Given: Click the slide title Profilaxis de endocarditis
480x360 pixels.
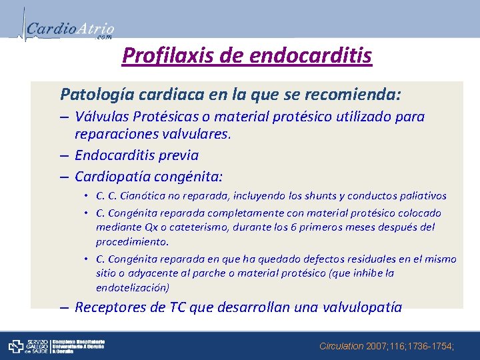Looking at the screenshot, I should coord(247,55).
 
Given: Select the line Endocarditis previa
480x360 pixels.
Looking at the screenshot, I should coord(137,155).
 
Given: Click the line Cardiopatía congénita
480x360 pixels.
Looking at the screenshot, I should coord(148,177).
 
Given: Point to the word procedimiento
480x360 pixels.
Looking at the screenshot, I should coord(132,241).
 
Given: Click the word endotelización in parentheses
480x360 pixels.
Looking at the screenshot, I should coord(131,288).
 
